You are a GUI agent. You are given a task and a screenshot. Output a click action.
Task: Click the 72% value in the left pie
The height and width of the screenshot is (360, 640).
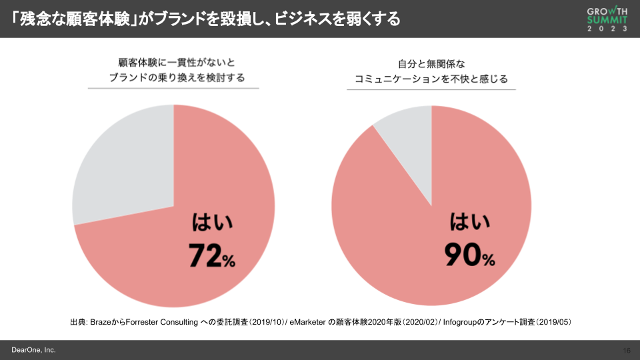tap(211, 255)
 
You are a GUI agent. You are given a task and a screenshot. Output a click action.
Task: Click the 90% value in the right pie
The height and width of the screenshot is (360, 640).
tap(469, 255)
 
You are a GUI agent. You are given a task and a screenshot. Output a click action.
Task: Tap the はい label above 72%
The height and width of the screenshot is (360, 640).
tap(212, 223)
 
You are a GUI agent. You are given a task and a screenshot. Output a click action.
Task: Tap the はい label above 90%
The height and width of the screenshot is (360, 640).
tap(469, 223)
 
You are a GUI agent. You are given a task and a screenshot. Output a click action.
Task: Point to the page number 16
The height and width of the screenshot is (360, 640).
tap(626, 351)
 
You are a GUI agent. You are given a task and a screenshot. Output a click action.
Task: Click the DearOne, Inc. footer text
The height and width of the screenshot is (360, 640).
tap(33, 350)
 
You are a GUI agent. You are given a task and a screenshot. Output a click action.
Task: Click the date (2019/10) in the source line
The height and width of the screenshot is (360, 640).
tap(267, 323)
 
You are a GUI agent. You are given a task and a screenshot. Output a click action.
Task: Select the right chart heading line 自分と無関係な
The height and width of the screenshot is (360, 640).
tap(431, 63)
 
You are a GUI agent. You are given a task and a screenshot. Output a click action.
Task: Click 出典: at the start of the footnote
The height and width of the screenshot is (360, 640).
tap(79, 323)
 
